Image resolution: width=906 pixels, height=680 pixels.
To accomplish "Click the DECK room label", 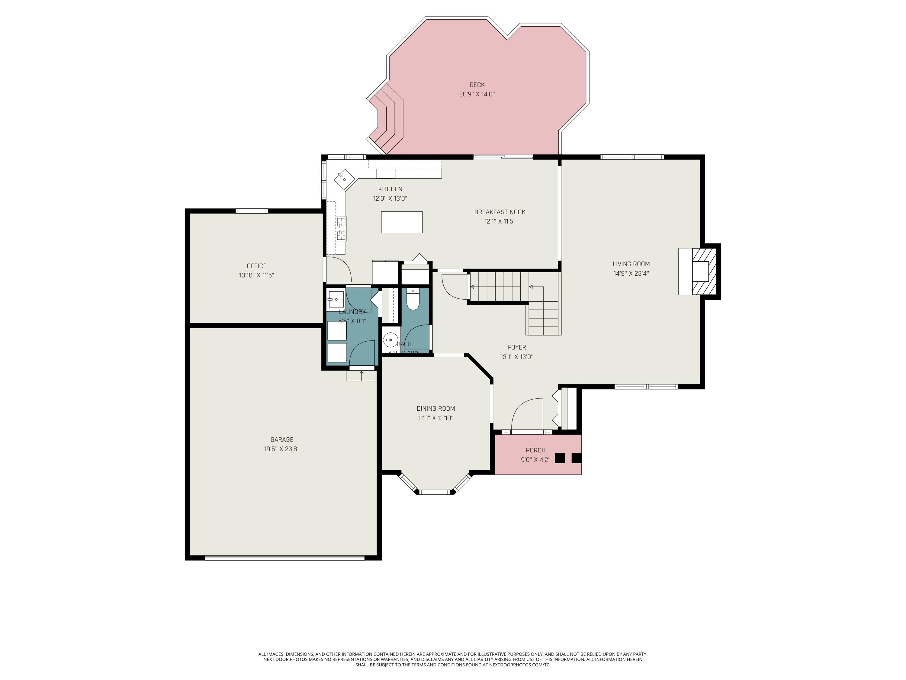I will pyautogui.click(x=477, y=85).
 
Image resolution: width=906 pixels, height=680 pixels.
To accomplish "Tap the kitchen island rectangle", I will pyautogui.click(x=401, y=222).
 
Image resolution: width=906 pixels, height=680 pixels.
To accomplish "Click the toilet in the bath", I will pyautogui.click(x=413, y=300).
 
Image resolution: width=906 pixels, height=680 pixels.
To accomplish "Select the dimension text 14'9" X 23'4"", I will pyautogui.click(x=631, y=274).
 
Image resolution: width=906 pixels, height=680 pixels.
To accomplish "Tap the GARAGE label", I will pyautogui.click(x=281, y=439).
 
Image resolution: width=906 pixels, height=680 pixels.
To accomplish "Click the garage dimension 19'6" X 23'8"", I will pyautogui.click(x=281, y=449).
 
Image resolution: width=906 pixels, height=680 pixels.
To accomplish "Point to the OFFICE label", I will pyautogui.click(x=256, y=266).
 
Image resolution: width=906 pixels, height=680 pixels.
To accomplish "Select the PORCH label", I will pyautogui.click(x=535, y=450).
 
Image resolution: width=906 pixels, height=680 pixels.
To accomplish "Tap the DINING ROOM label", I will pyautogui.click(x=435, y=408).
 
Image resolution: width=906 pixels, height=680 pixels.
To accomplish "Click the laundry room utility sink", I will pyautogui.click(x=336, y=299).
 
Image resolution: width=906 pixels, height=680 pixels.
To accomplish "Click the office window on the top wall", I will pyautogui.click(x=252, y=211).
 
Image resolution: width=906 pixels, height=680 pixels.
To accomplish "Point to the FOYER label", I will pyautogui.click(x=516, y=347).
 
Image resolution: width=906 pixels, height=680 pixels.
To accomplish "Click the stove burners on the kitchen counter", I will pyautogui.click(x=341, y=228).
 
